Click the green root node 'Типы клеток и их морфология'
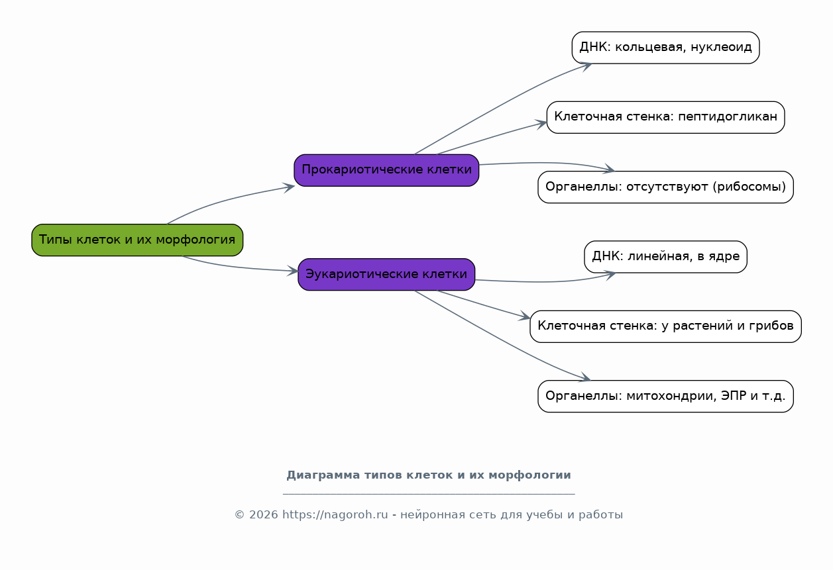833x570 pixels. pyautogui.click(x=137, y=240)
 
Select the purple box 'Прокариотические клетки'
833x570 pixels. pyautogui.click(x=386, y=170)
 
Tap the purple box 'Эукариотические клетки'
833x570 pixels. pyautogui.click(x=386, y=275)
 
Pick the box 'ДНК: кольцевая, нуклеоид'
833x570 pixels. pyautogui.click(x=665, y=48)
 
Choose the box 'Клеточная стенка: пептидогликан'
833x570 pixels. pyautogui.click(x=665, y=117)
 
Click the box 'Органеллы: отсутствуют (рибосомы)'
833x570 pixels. pyautogui.click(x=665, y=187)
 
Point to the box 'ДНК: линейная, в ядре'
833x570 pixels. pyautogui.click(x=665, y=257)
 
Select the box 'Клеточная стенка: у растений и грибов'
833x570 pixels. pyautogui.click(x=665, y=326)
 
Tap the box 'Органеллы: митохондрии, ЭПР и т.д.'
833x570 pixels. pyautogui.click(x=665, y=396)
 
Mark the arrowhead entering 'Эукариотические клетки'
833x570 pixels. pyautogui.click(x=293, y=271)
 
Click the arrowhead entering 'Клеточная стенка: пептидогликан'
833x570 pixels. pyautogui.click(x=541, y=124)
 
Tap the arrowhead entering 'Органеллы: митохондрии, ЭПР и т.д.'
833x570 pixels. pyautogui.click(x=585, y=377)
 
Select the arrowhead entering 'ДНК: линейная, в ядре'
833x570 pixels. pyautogui.click(x=610, y=275)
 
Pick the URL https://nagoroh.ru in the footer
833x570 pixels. pyautogui.click(x=335, y=515)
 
